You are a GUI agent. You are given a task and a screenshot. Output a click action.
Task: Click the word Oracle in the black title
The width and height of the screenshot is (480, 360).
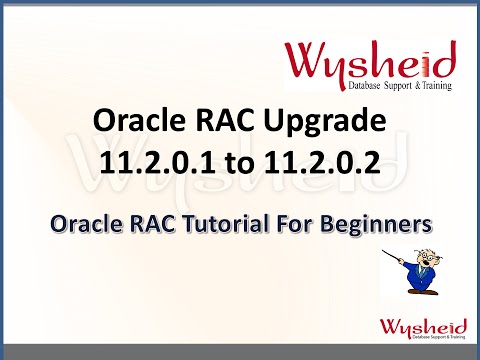point(134,123)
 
